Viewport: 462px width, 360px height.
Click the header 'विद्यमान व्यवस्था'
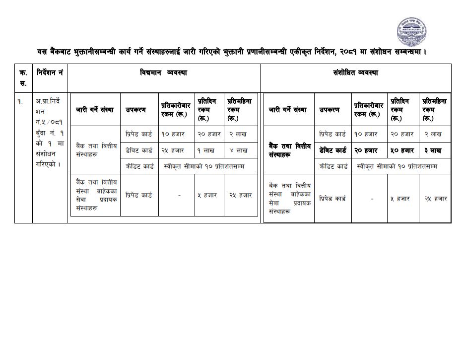tap(163, 73)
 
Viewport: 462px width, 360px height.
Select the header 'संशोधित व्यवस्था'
tap(355, 73)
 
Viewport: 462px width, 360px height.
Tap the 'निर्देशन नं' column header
tap(50, 73)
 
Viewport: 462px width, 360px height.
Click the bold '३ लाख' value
tap(433, 150)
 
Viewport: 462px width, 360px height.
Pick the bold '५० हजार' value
tap(401, 150)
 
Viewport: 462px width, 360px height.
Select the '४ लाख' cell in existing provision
tap(239, 150)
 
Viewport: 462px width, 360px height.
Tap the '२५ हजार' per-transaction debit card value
tap(172, 150)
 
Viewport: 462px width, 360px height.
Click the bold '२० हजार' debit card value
tap(366, 150)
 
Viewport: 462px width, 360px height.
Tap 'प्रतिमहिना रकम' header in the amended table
tap(434, 110)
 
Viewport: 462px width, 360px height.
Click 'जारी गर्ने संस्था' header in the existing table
tap(95, 110)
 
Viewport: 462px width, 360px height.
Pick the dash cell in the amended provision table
tap(372, 198)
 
